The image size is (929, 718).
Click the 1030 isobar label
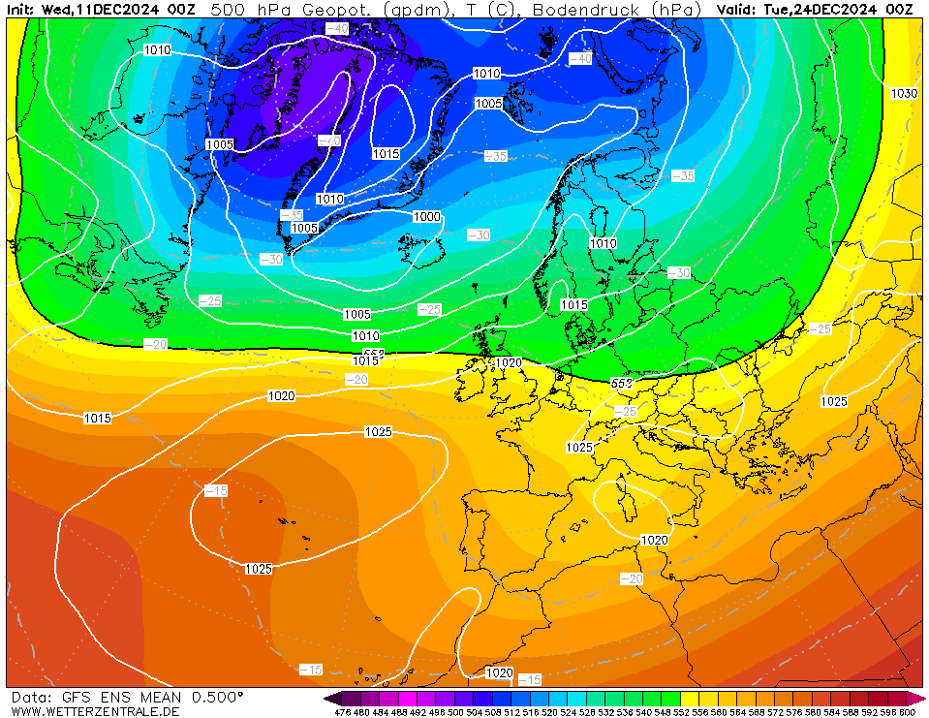(x=904, y=93)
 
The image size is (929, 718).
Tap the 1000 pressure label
(x=426, y=217)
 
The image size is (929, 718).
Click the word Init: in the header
(x=20, y=9)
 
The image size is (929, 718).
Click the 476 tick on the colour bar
(x=342, y=712)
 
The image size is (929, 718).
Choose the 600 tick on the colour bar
(x=907, y=712)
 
